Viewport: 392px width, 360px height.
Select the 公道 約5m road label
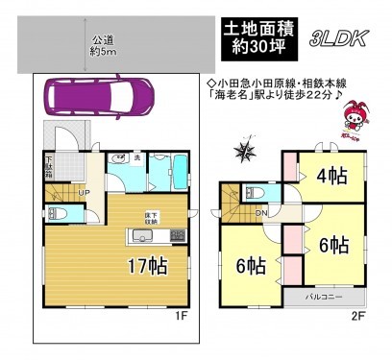pos(104,44)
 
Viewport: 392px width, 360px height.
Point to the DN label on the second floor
pos(261,215)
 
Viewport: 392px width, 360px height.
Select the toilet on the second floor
pos(253,190)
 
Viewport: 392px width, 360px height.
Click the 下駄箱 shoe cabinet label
pos(48,171)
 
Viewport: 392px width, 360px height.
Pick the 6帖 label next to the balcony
pos(330,246)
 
